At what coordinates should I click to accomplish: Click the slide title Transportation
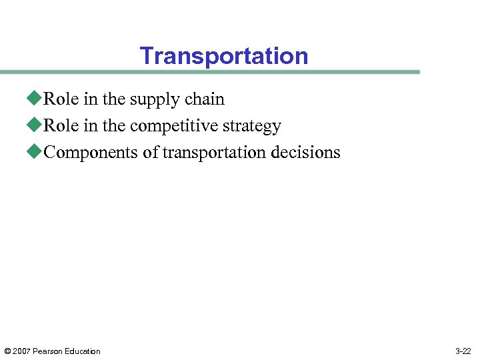click(x=224, y=56)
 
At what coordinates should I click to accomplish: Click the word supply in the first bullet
click(x=152, y=100)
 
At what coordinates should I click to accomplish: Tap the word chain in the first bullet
click(x=204, y=99)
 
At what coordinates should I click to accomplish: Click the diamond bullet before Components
click(x=35, y=152)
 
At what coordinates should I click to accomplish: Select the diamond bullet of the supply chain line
click(x=35, y=99)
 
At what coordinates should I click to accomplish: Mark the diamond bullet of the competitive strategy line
click(x=35, y=125)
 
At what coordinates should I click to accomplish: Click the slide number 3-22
click(x=463, y=351)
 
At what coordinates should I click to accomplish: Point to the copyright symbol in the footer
click(x=7, y=351)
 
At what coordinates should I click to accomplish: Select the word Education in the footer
click(x=83, y=351)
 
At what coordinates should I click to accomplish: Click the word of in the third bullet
click(x=150, y=152)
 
